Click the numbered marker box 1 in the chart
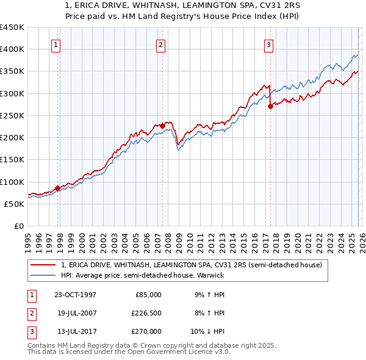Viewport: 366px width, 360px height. pos(56,44)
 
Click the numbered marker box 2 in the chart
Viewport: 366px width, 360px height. pos(160,44)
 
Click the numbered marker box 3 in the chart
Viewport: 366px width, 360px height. pos(268,44)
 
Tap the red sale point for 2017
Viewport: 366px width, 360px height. pos(270,106)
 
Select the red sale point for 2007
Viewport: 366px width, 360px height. pos(163,126)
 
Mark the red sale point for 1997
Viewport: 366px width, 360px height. pos(58,188)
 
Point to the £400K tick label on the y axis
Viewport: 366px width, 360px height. pos(12,49)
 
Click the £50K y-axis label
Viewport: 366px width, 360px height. pos(15,204)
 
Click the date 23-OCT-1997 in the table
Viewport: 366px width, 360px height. pos(75,295)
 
